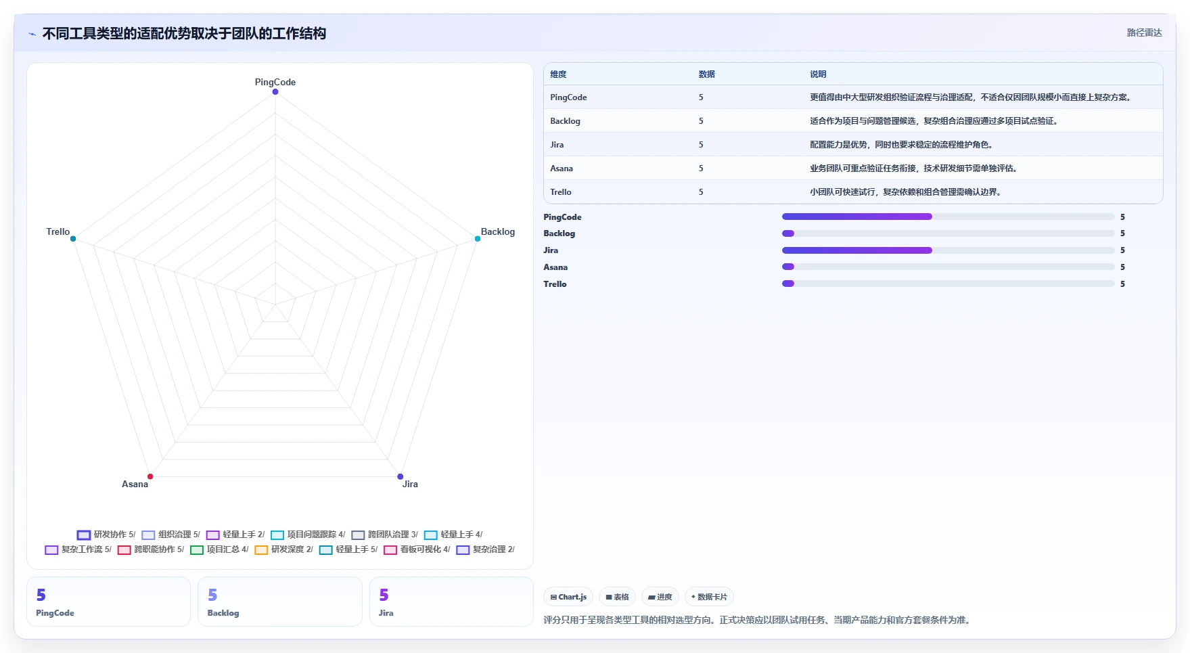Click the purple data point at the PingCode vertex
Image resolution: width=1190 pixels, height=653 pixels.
[x=275, y=92]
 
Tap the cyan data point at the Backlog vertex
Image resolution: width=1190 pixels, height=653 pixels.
[x=478, y=239]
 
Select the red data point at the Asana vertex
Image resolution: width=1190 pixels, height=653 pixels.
[x=150, y=476]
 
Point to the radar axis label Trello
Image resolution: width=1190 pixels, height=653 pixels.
[x=58, y=231]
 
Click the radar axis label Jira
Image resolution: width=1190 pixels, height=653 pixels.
[x=410, y=484]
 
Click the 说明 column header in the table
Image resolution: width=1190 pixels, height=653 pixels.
[x=818, y=74]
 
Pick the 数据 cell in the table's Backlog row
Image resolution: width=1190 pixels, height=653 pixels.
[x=701, y=121]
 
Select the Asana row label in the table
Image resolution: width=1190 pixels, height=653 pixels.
[x=562, y=168]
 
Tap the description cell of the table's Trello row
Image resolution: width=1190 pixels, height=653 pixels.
[x=905, y=192]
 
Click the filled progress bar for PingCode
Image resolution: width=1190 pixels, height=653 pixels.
[x=857, y=217]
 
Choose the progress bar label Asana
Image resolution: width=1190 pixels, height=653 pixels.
[x=555, y=267]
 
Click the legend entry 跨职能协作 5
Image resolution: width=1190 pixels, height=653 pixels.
[x=151, y=549]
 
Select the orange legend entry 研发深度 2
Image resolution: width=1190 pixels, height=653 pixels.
[x=284, y=549]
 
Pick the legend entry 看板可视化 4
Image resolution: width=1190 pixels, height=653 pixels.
[x=417, y=549]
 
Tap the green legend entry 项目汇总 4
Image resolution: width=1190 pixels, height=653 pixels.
[x=219, y=549]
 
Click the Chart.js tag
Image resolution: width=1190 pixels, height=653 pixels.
[x=568, y=597]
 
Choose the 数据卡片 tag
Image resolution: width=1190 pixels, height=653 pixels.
[x=709, y=597]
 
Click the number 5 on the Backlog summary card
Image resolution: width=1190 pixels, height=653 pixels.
[x=212, y=595]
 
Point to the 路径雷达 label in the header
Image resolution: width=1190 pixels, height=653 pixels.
[x=1144, y=32]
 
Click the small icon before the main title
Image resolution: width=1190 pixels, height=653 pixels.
[x=32, y=34]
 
